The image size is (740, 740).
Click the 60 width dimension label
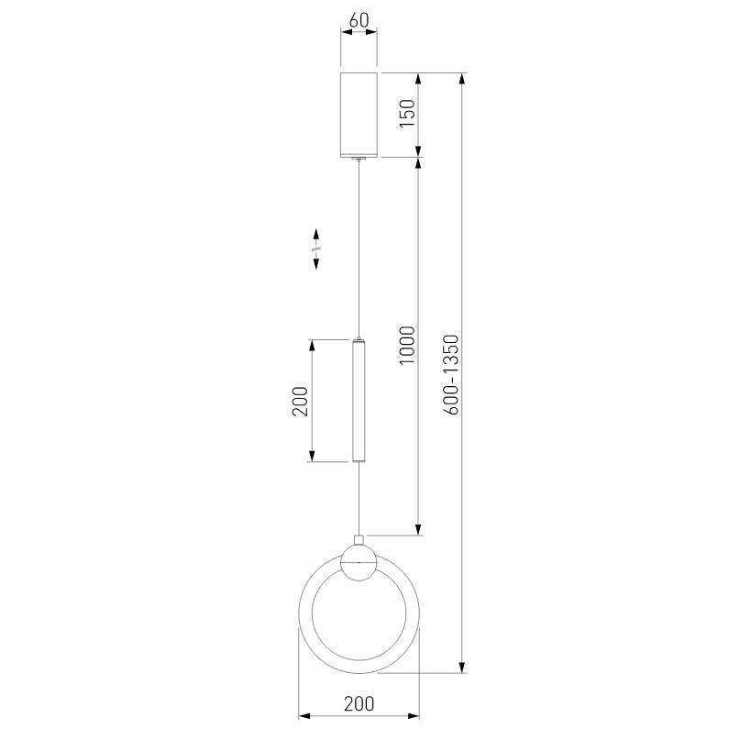[359, 20]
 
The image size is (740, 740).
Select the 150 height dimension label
[407, 113]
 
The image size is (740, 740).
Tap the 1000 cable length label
[407, 345]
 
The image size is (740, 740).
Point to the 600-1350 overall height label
[451, 374]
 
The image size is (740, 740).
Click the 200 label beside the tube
[300, 401]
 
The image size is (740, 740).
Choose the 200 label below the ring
[359, 703]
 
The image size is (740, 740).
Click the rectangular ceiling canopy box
[359, 115]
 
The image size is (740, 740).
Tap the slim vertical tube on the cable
[359, 400]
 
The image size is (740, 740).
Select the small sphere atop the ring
[359, 562]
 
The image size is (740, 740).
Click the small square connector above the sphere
[359, 540]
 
